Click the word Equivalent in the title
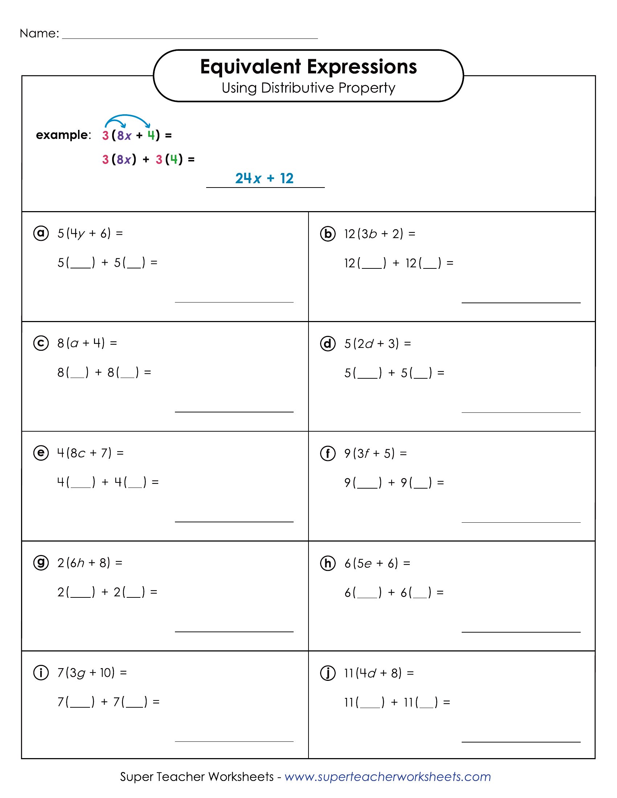[250, 67]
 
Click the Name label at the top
[39, 33]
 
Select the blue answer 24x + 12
[264, 178]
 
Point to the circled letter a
[41, 233]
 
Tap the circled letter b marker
[327, 234]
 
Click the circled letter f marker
[327, 453]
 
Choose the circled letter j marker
[327, 672]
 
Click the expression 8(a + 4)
[81, 343]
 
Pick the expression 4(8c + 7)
[84, 453]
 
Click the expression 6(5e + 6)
[371, 563]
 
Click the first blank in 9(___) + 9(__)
[367, 484]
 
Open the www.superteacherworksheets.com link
[388, 777]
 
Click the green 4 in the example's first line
[151, 135]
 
